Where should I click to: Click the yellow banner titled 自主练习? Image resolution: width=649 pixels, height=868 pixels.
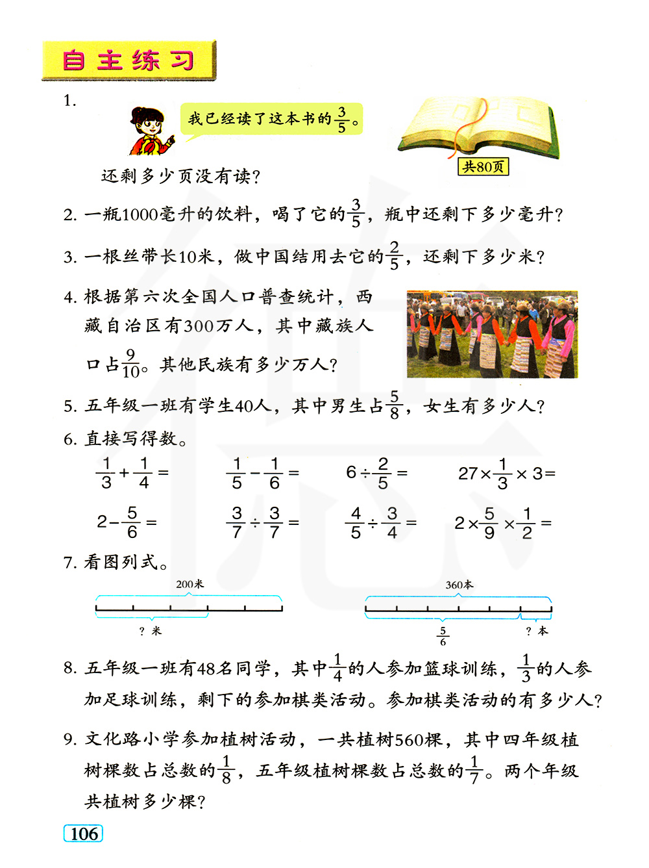(x=129, y=60)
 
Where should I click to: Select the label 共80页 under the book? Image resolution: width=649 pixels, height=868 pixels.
(x=483, y=167)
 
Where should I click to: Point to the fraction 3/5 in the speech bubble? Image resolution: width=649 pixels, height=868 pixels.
(x=342, y=120)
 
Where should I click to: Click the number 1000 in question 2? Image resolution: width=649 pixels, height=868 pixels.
(x=139, y=214)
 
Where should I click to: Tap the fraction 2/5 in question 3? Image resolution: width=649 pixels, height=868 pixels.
(x=394, y=256)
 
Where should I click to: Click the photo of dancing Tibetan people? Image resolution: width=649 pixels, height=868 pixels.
(x=492, y=334)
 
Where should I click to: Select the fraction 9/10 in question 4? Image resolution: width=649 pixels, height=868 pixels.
(x=130, y=364)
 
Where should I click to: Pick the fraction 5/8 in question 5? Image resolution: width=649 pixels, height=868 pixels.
(x=394, y=405)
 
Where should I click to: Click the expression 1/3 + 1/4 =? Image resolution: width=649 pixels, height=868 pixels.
(x=132, y=473)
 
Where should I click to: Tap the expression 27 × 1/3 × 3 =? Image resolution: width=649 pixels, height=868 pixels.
(x=506, y=473)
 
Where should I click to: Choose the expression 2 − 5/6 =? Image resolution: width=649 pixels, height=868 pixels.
(x=127, y=522)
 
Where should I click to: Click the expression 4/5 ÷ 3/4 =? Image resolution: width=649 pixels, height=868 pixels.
(x=380, y=522)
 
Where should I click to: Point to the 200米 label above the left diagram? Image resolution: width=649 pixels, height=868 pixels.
(x=190, y=584)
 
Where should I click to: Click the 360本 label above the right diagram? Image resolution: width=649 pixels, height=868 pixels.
(x=459, y=585)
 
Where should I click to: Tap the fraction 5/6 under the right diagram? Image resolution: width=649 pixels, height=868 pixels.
(x=443, y=635)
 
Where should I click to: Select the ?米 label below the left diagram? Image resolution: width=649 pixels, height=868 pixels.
(x=151, y=631)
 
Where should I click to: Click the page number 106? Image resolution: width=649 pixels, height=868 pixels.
(x=84, y=834)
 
